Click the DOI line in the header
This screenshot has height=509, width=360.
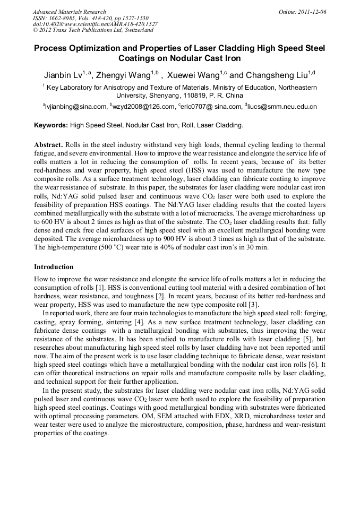click(95, 24)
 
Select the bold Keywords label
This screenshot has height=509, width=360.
click(51, 126)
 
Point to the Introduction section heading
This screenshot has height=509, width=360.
click(54, 267)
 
